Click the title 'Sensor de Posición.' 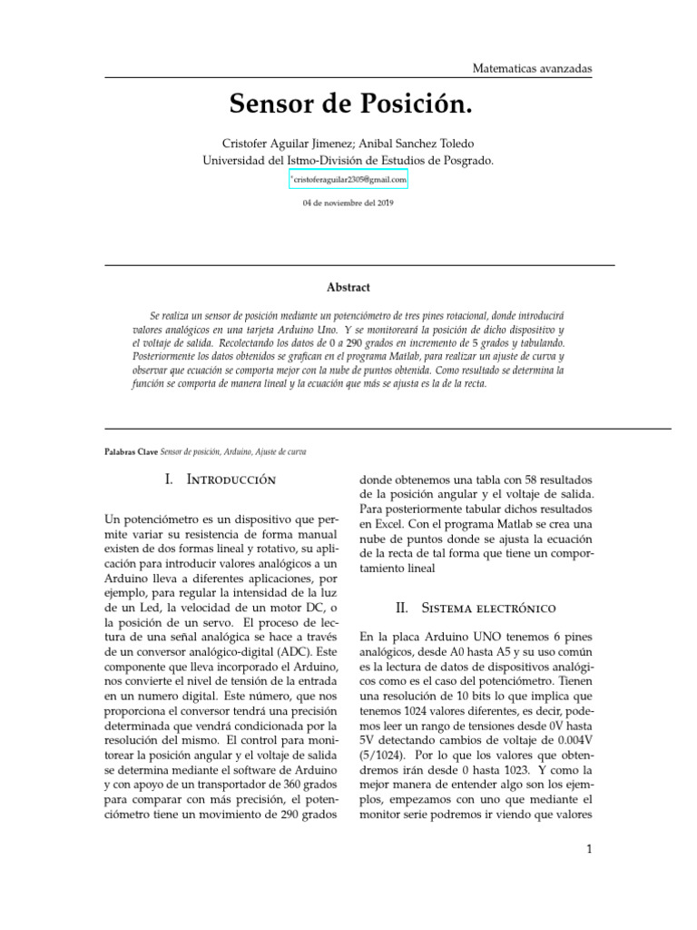(351, 104)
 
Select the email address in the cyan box (349, 180)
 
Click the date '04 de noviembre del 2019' (348, 203)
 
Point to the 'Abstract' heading (348, 287)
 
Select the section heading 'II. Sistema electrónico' (477, 607)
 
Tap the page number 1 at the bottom (589, 850)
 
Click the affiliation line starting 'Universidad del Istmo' (348, 161)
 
